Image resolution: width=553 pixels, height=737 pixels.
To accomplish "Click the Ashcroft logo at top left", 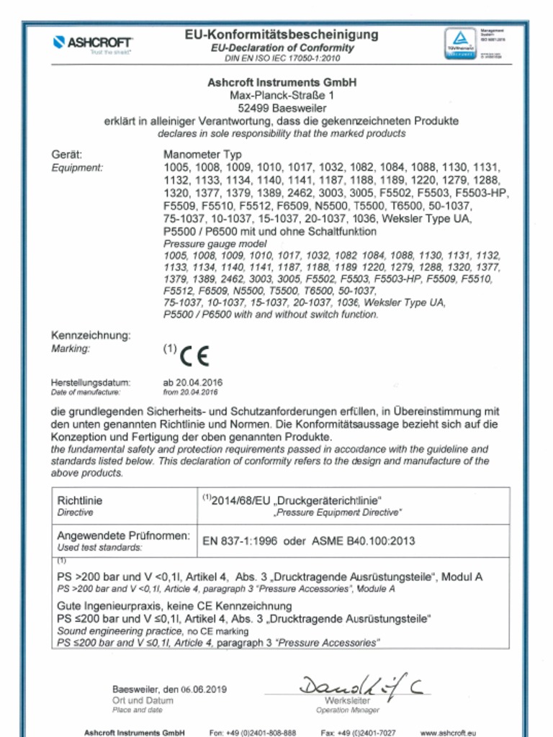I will tap(92, 43).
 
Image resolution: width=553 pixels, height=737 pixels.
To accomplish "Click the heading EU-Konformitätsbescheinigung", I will tap(282, 35).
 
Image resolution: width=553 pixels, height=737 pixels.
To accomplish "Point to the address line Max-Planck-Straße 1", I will tap(282, 94).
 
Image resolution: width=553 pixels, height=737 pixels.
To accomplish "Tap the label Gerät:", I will tap(67, 154).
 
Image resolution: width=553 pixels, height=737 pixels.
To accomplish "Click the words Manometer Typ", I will tap(202, 154).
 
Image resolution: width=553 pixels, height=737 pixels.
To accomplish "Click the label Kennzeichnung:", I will tap(90, 335).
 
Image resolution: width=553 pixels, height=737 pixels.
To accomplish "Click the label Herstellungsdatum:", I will tap(90, 382).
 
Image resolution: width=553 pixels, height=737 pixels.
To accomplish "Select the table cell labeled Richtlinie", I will tap(80, 500).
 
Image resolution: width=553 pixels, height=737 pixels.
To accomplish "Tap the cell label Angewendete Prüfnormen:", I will tap(123, 536).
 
